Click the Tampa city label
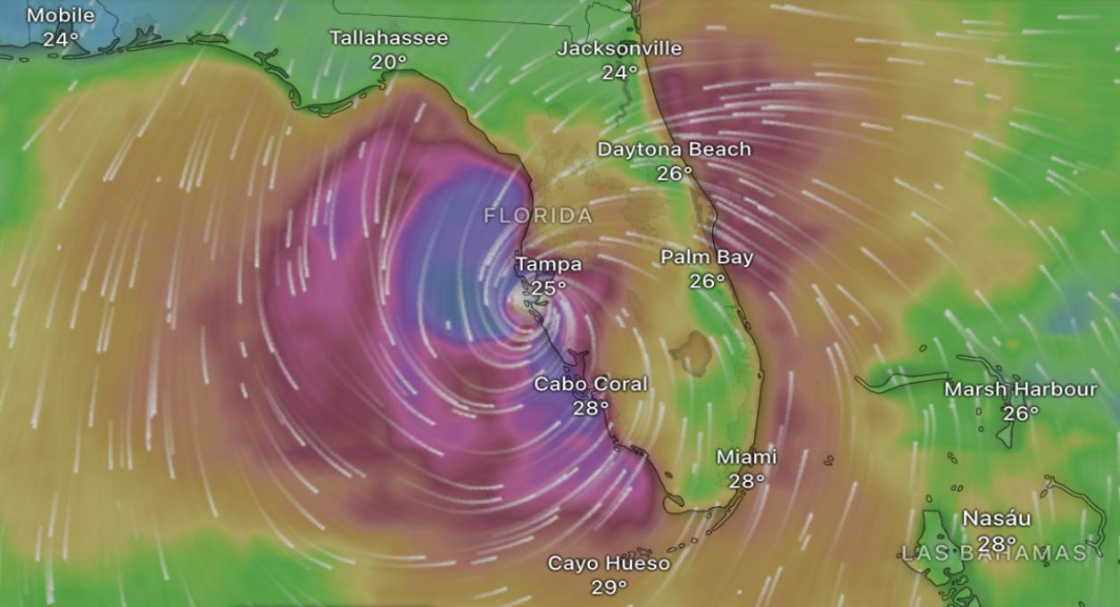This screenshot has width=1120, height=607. [x=548, y=264]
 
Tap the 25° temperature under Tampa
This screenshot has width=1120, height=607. [x=548, y=287]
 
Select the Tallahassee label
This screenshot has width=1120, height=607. [x=389, y=38]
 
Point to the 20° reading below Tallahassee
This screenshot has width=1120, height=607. [x=389, y=62]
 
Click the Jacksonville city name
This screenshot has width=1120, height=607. [x=619, y=48]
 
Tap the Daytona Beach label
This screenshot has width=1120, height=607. [x=674, y=149]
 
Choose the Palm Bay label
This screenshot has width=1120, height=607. [x=707, y=257]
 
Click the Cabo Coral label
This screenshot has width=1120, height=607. [x=591, y=384]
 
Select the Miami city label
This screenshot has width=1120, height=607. [x=747, y=457]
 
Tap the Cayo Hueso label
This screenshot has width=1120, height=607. [x=609, y=563]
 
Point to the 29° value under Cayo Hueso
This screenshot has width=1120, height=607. [x=609, y=586]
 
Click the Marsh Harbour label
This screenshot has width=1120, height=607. [x=1021, y=389]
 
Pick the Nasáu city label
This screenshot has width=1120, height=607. [x=997, y=519]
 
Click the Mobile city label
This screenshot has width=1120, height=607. [x=61, y=16]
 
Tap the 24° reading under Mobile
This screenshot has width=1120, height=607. [x=61, y=39]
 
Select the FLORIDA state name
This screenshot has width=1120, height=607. [x=538, y=216]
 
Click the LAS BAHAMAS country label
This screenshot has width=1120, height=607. [x=994, y=553]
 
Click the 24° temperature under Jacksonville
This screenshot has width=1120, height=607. [x=619, y=72]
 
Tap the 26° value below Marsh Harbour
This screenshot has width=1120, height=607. [x=1021, y=413]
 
